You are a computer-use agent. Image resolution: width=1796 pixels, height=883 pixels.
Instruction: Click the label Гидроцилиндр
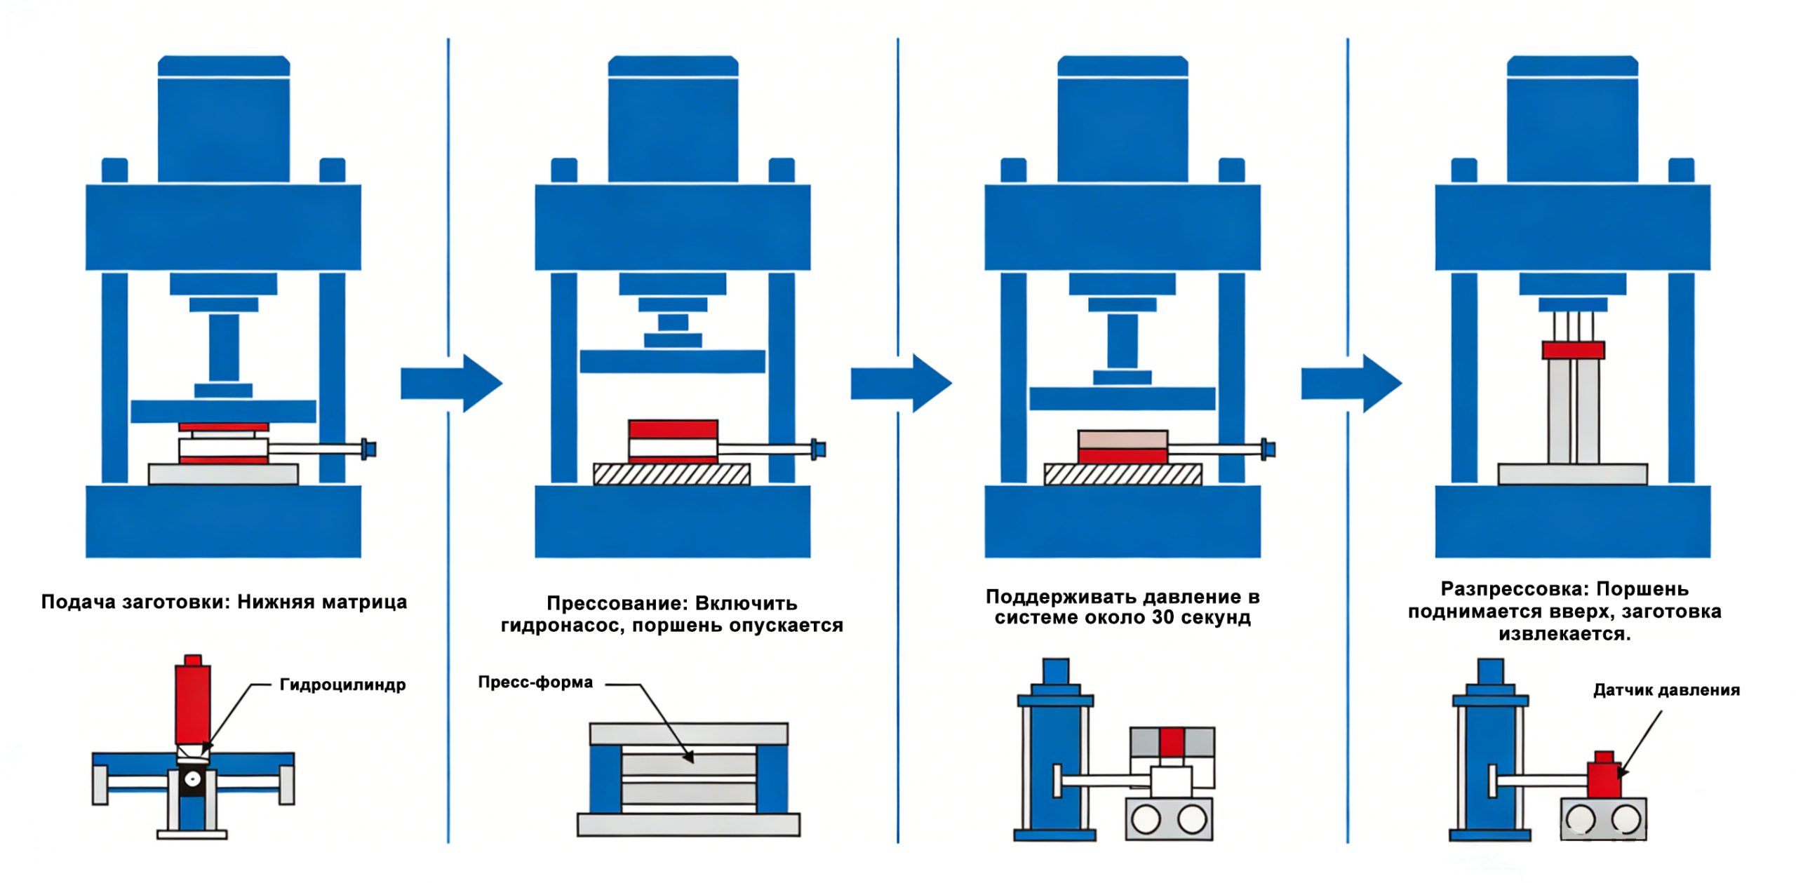[x=342, y=685]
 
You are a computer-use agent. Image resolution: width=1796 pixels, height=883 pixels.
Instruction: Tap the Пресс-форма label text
[x=535, y=682]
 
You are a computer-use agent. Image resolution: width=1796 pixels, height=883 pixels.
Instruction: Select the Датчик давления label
[x=1666, y=690]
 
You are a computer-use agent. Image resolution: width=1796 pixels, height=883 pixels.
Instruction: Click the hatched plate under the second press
[x=671, y=474]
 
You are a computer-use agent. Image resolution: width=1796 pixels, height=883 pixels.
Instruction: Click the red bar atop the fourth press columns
[x=1573, y=350]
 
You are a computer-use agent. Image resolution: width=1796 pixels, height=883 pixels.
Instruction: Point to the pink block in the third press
[x=1122, y=440]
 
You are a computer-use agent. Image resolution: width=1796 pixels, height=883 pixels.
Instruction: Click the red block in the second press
[x=673, y=429]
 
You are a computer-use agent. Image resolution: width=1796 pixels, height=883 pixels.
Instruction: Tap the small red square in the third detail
[x=1172, y=741]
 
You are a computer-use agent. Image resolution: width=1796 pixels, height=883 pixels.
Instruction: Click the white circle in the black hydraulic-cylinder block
[x=192, y=779]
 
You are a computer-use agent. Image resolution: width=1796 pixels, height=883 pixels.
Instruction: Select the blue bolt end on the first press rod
[x=368, y=448]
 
